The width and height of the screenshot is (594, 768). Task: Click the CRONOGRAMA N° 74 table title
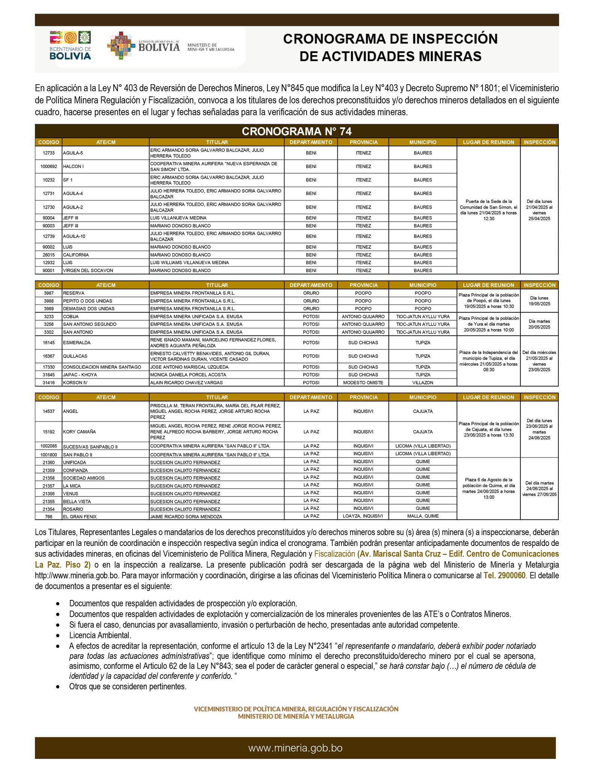[296, 131]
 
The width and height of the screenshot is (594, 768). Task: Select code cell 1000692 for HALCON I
[48, 166]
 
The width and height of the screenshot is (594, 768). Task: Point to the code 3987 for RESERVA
[48, 293]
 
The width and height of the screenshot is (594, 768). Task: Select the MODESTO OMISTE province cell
[363, 382]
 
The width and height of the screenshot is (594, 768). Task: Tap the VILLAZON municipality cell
[423, 382]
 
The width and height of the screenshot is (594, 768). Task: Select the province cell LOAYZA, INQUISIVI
[363, 516]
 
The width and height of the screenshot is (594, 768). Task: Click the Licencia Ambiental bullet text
[100, 635]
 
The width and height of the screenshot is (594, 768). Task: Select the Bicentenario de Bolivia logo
[70, 45]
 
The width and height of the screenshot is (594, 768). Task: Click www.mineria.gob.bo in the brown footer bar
[295, 748]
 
